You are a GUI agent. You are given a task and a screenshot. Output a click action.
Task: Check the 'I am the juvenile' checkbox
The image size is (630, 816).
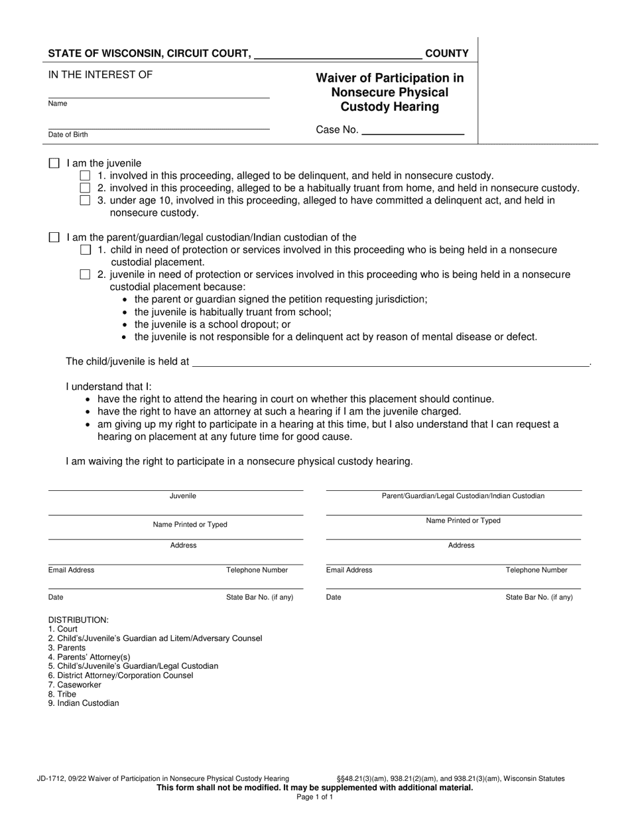pos(54,163)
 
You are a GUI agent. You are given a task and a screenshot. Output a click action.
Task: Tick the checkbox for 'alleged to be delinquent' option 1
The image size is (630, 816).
pos(85,176)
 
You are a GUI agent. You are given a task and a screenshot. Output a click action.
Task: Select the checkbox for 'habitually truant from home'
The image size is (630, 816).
pos(85,188)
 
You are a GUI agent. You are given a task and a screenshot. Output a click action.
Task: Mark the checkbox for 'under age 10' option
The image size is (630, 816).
pos(85,200)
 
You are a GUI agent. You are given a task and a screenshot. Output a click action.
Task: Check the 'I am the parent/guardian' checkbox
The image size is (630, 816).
pos(54,238)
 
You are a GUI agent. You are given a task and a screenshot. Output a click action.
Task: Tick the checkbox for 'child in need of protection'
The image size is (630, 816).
pos(85,250)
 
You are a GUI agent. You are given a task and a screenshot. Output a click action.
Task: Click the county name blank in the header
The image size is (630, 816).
pos(338,54)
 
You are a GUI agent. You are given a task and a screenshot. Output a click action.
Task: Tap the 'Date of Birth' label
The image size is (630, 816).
pos(68,135)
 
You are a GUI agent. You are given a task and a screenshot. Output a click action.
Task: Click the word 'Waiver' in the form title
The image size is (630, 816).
pos(344,78)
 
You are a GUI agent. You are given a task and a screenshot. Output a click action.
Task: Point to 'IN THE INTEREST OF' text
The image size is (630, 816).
pos(100,74)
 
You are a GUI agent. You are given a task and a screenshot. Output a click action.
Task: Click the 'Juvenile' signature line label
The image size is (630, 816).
pos(183,496)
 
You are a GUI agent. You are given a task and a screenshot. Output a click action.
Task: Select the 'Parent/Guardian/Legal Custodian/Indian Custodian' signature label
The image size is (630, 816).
pos(463,496)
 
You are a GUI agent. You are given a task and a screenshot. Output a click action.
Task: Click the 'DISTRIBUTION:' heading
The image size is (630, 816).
pos(78,620)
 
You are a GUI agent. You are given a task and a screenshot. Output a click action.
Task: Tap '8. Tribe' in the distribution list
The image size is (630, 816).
pos(62,694)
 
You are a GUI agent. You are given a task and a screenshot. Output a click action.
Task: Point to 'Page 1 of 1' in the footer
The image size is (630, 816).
pos(315,797)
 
